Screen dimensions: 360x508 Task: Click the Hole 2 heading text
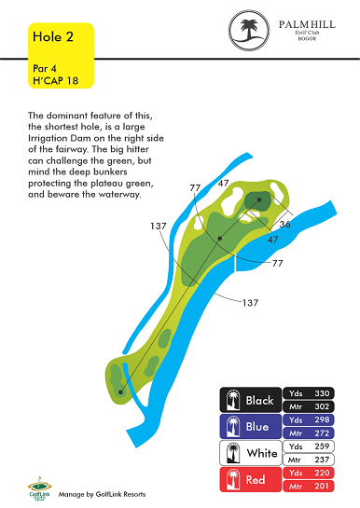[53, 37]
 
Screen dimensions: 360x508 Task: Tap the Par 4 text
[45, 69]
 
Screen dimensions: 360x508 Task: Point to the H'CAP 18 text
[55, 81]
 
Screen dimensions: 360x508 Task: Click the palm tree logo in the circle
[249, 30]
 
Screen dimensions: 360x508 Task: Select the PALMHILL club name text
[307, 24]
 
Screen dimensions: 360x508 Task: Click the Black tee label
[259, 401]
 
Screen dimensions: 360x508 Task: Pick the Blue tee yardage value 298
[322, 419]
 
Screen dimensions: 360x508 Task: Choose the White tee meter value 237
[322, 460]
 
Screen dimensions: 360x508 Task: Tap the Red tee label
[256, 479]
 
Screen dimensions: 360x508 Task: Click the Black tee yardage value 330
[322, 393]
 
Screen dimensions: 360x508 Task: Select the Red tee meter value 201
[322, 486]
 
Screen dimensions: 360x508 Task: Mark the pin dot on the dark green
[259, 199]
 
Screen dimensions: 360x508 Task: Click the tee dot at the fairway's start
[120, 392]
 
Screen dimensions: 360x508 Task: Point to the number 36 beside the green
[284, 225]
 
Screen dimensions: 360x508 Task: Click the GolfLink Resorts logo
[39, 488]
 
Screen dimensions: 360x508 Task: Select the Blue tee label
[257, 427]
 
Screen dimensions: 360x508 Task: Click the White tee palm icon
[232, 453]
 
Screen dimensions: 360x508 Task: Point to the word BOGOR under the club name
[307, 39]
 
